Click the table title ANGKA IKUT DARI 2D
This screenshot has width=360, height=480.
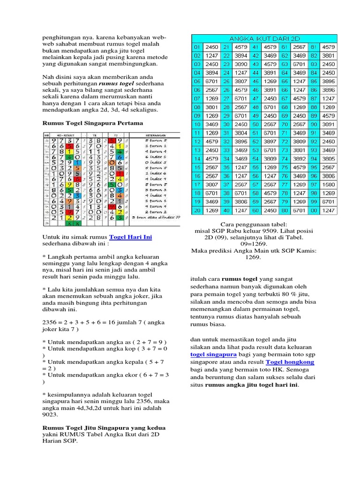[263, 38]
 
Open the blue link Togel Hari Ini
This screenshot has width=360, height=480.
[131, 237]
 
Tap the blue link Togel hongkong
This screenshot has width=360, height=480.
[290, 362]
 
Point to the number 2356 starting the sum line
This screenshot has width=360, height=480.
[50, 322]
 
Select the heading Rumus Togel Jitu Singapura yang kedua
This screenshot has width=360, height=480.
[104, 428]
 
